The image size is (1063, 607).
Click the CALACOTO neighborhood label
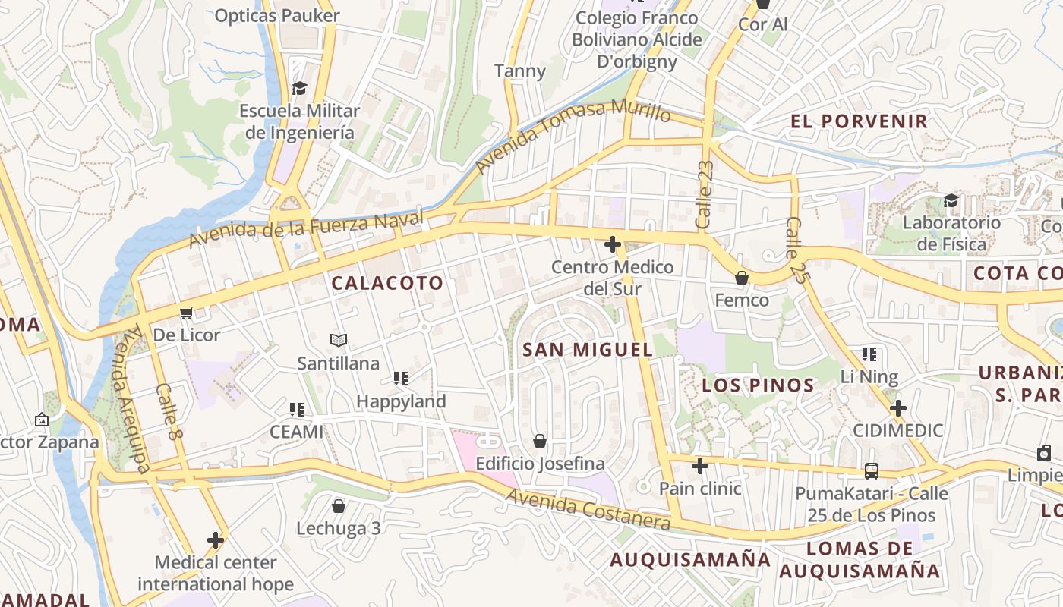387,283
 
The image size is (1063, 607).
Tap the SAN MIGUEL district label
588,350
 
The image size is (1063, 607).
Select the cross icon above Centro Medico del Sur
612,244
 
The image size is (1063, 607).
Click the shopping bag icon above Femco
742,278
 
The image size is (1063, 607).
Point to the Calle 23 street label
705,195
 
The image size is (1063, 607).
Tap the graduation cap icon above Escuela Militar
299,89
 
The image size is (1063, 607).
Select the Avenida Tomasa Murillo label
573,134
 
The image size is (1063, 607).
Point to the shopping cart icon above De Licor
186,313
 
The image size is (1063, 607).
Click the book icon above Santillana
338,341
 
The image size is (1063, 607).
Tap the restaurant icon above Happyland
401,379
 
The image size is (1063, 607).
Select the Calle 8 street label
169,410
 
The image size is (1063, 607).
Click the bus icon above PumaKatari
872,470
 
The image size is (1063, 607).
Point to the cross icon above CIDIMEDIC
898,408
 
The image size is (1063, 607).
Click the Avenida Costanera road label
588,509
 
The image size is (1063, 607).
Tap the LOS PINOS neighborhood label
758,385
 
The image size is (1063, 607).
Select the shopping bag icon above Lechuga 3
339,505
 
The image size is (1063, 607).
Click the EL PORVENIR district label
859,121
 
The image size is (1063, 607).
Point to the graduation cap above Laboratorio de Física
951,201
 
